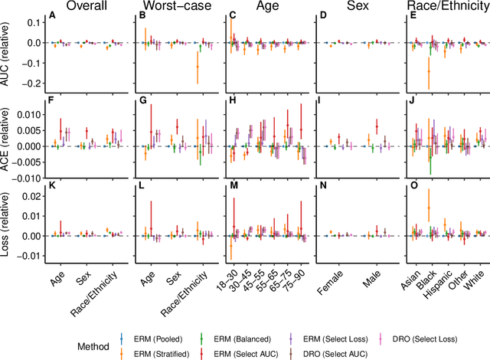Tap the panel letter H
point(233,100)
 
